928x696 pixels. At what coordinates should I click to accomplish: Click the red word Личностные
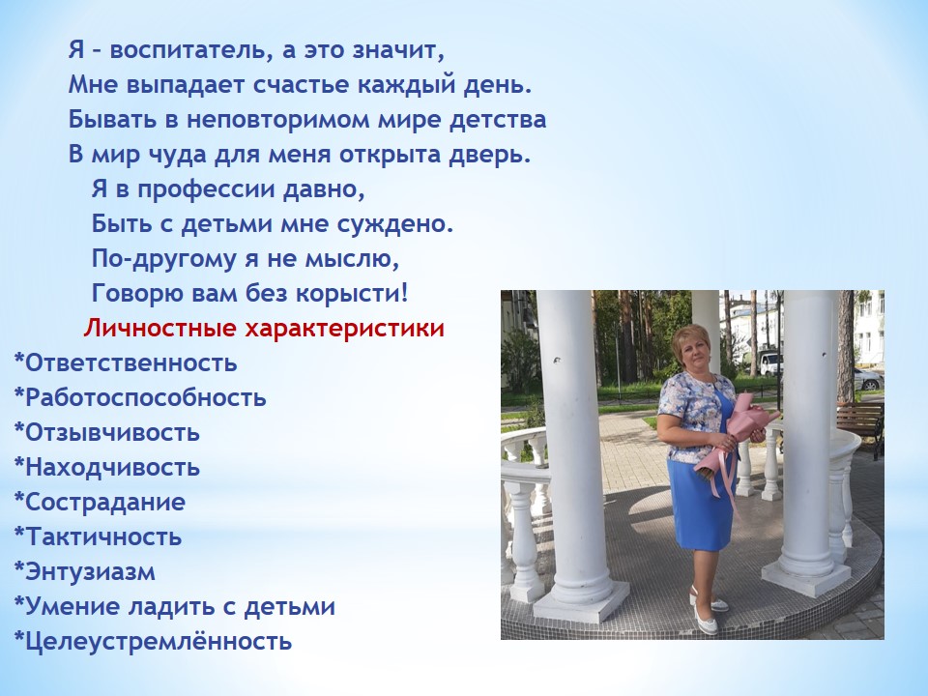tap(159, 328)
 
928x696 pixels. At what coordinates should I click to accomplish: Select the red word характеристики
tap(344, 329)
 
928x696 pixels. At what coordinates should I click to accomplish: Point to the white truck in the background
tap(770, 362)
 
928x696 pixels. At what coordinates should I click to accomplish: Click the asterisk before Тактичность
tap(19, 534)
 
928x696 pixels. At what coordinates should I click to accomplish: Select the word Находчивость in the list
tap(112, 468)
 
